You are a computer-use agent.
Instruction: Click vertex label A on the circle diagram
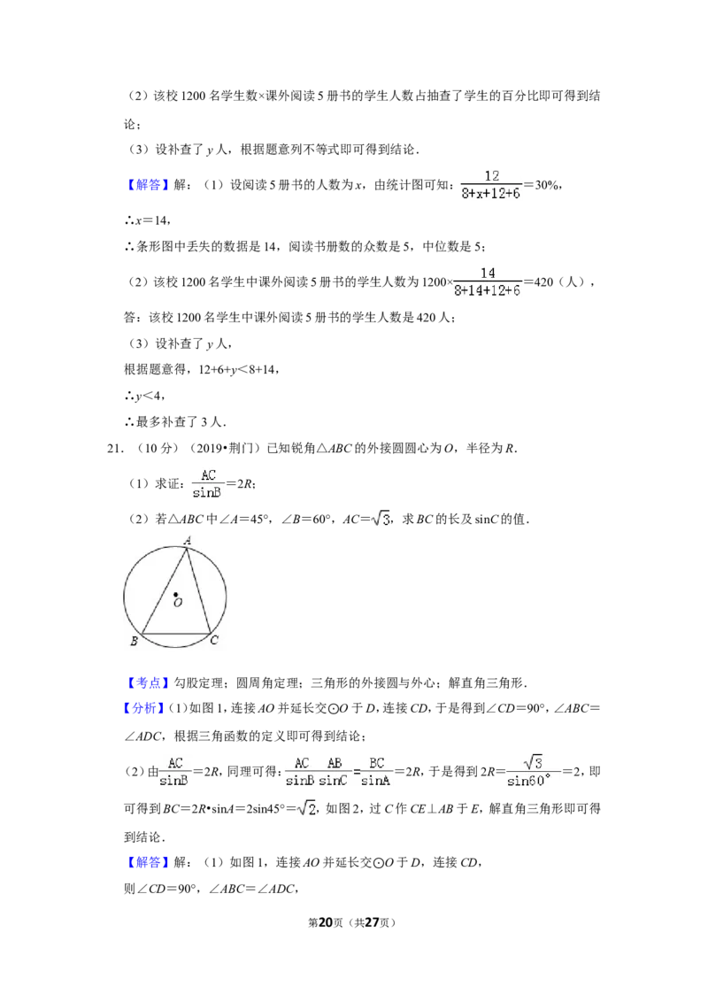(x=188, y=541)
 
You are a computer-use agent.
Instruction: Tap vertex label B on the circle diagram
(x=135, y=641)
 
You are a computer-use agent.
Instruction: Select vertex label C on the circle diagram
(x=214, y=640)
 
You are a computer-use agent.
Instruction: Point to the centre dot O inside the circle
(x=175, y=595)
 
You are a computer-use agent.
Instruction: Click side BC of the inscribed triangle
(x=176, y=634)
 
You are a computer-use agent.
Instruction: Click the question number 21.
(x=115, y=449)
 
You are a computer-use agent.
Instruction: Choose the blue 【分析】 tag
(x=144, y=709)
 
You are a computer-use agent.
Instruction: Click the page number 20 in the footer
(x=326, y=922)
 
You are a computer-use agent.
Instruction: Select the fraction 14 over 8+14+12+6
(x=488, y=281)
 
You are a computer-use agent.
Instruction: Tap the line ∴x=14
(x=147, y=220)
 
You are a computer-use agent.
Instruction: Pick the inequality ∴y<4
(x=144, y=397)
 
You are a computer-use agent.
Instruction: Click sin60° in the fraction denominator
(x=528, y=781)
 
